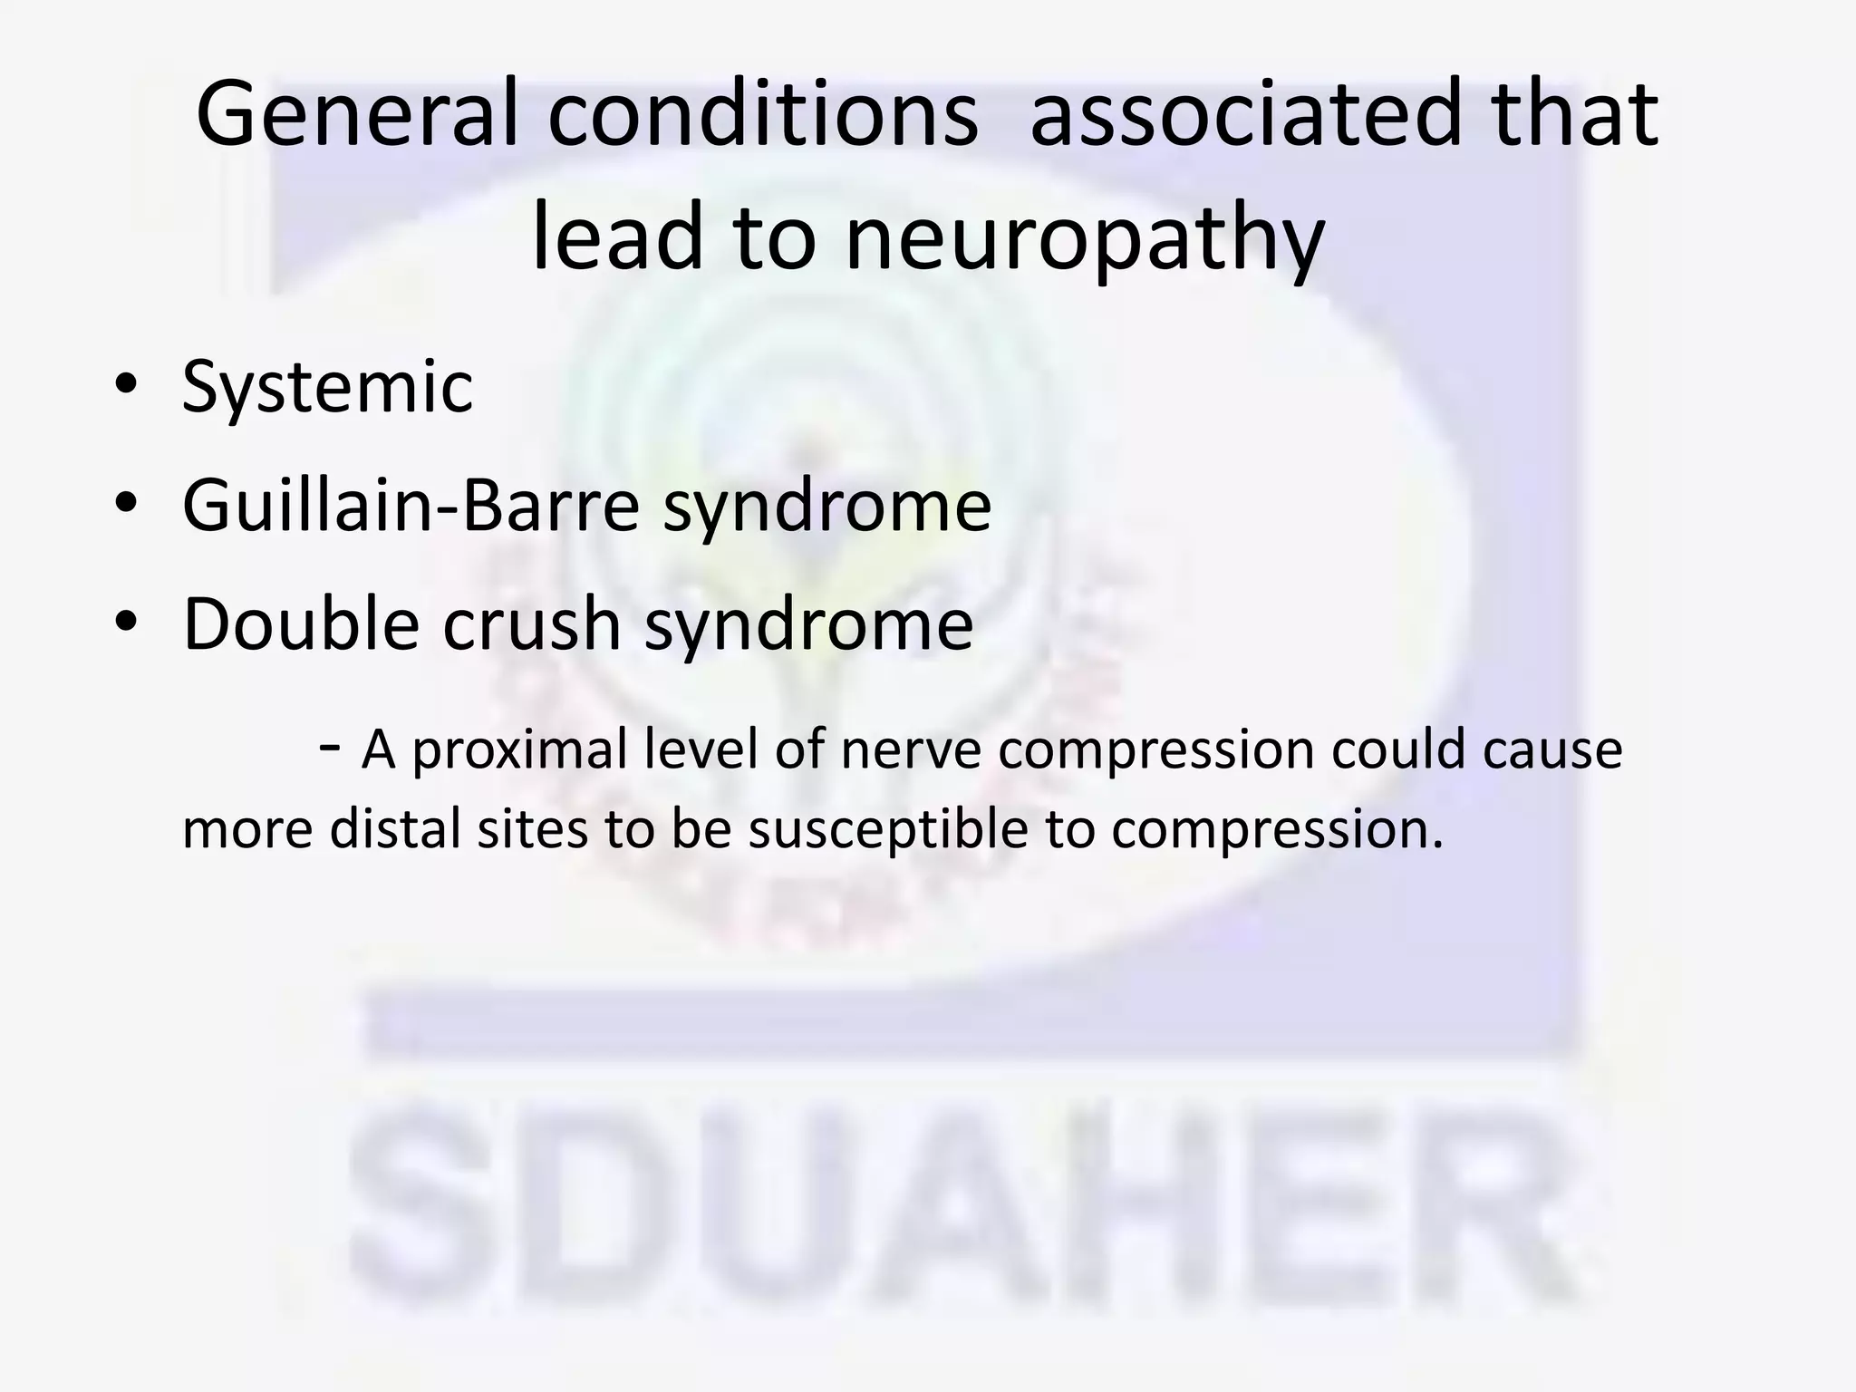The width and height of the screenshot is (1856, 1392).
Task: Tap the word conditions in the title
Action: [763, 113]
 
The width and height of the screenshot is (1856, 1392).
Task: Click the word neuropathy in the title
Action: [1085, 237]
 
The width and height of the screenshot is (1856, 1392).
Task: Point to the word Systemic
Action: [327, 387]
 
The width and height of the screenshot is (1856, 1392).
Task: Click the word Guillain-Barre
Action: [412, 504]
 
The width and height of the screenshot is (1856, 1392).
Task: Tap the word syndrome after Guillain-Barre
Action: [827, 506]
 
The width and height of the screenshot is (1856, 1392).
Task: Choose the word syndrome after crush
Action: [808, 625]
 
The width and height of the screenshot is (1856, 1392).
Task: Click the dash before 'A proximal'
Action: [330, 746]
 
